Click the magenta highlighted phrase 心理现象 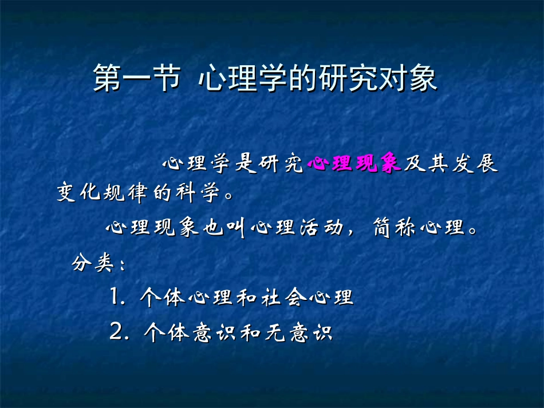pyautogui.click(x=353, y=164)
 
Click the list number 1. pyautogui.click(x=115, y=297)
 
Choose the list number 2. pyautogui.click(x=115, y=331)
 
